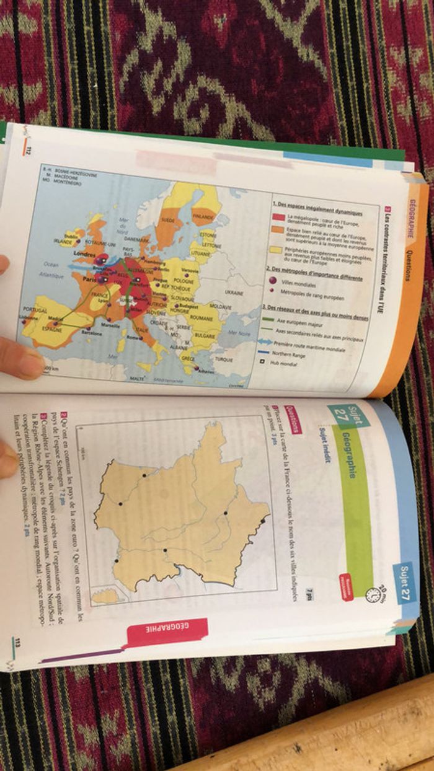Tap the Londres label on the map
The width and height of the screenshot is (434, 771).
click(84, 253)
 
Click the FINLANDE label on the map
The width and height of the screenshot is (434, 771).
click(203, 217)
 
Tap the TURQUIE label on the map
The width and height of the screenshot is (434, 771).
click(224, 359)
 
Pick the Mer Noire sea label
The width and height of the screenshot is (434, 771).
click(239, 333)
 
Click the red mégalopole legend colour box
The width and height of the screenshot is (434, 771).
click(278, 217)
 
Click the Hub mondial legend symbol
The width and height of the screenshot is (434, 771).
click(263, 362)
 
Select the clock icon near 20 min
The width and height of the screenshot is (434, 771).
click(372, 595)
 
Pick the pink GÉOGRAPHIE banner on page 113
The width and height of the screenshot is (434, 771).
click(167, 632)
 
